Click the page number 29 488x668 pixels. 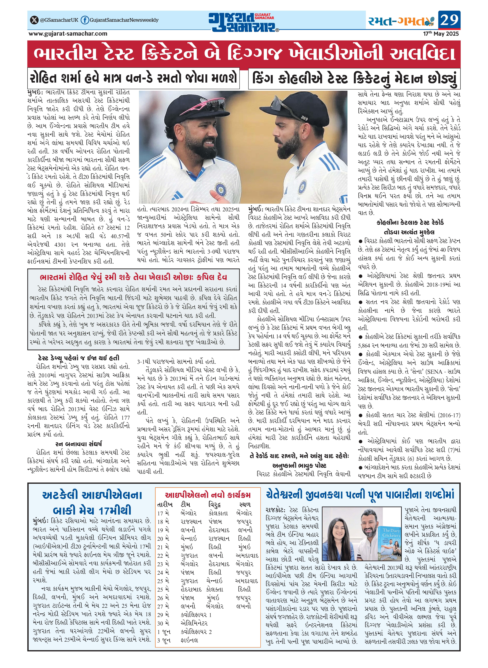click(449, 20)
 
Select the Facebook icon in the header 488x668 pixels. click(85, 20)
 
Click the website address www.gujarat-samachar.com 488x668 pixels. click(68, 34)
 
